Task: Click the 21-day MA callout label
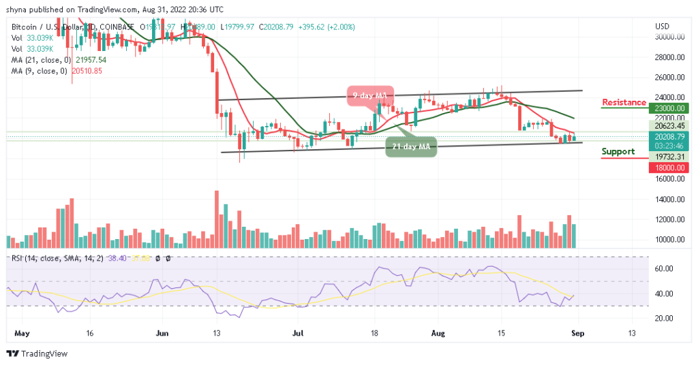(x=411, y=146)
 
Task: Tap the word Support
(x=618, y=152)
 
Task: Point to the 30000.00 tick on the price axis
(x=669, y=37)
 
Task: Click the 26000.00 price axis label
(x=669, y=77)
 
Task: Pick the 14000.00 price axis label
(x=669, y=200)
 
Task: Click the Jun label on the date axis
(x=162, y=334)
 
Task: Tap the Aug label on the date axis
(x=438, y=334)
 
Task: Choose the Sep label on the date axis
(x=577, y=334)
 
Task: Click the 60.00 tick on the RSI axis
(x=664, y=269)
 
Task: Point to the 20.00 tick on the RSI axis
(x=664, y=318)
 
